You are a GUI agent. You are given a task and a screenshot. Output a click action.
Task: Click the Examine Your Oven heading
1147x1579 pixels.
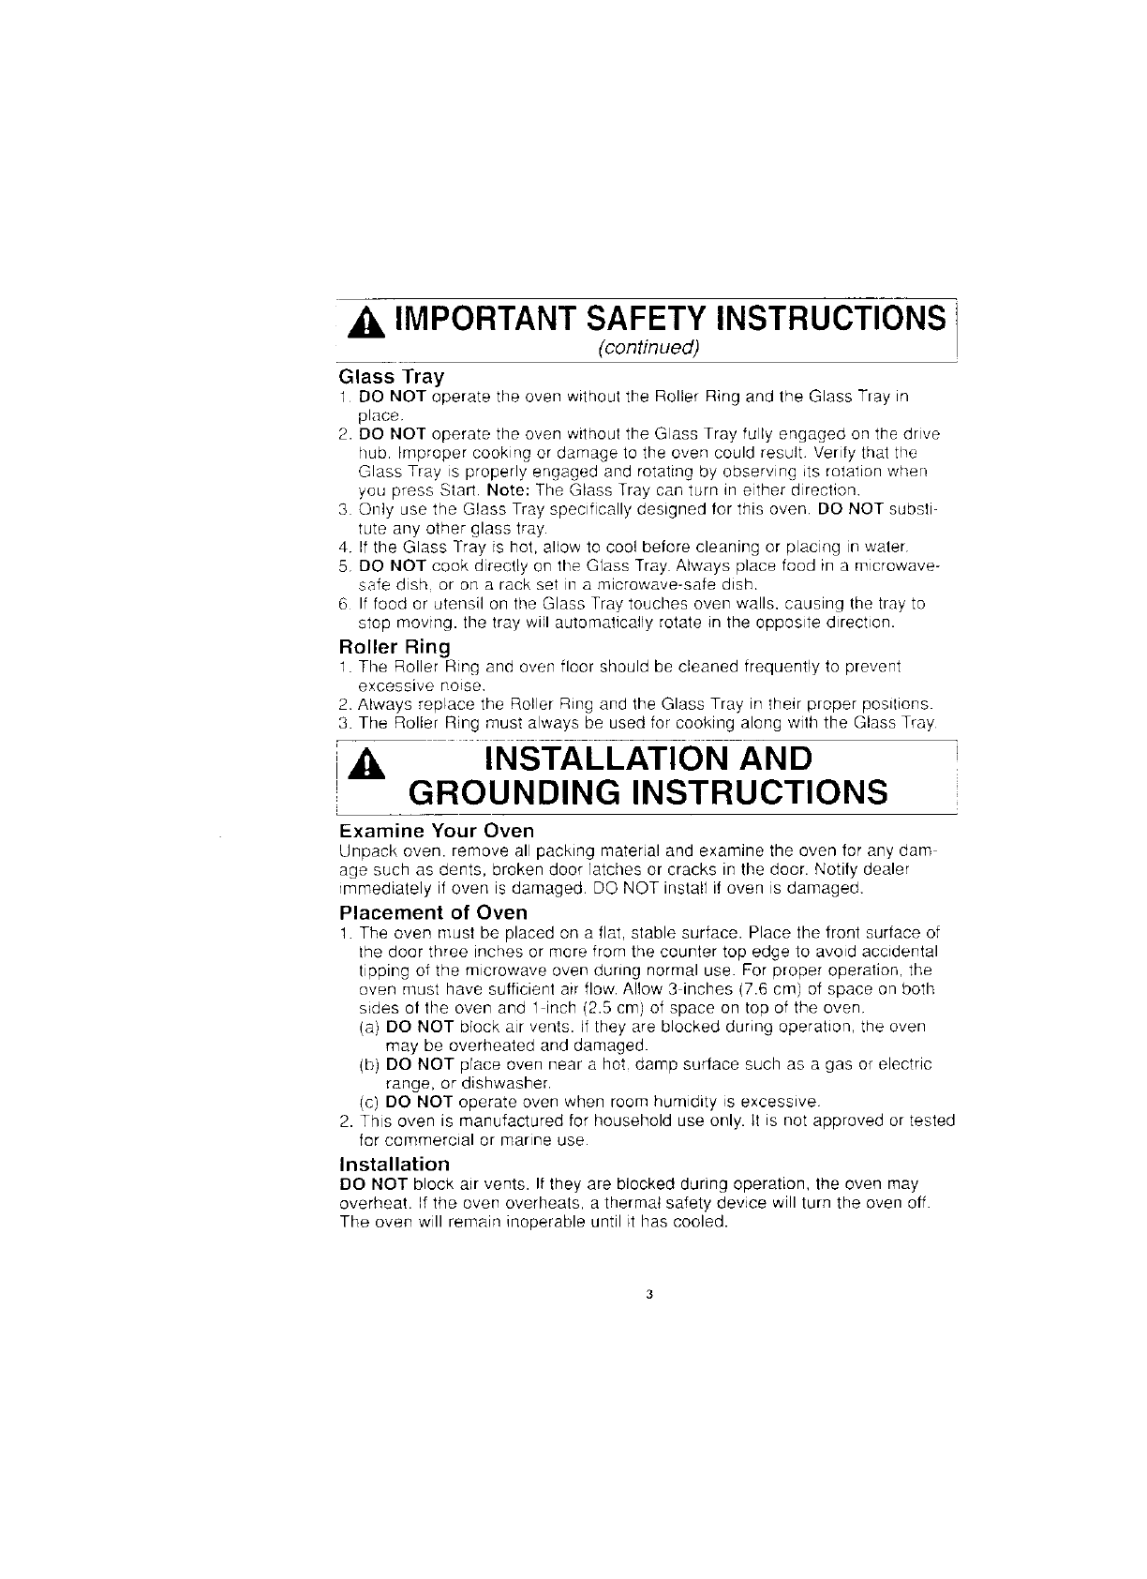pos(436,831)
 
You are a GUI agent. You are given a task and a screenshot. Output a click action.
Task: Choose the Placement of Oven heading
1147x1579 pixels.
pos(433,912)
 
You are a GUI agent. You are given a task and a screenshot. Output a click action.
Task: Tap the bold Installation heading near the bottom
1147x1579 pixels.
pos(394,1164)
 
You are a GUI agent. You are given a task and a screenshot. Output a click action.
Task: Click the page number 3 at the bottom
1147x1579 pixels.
pos(648,1296)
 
